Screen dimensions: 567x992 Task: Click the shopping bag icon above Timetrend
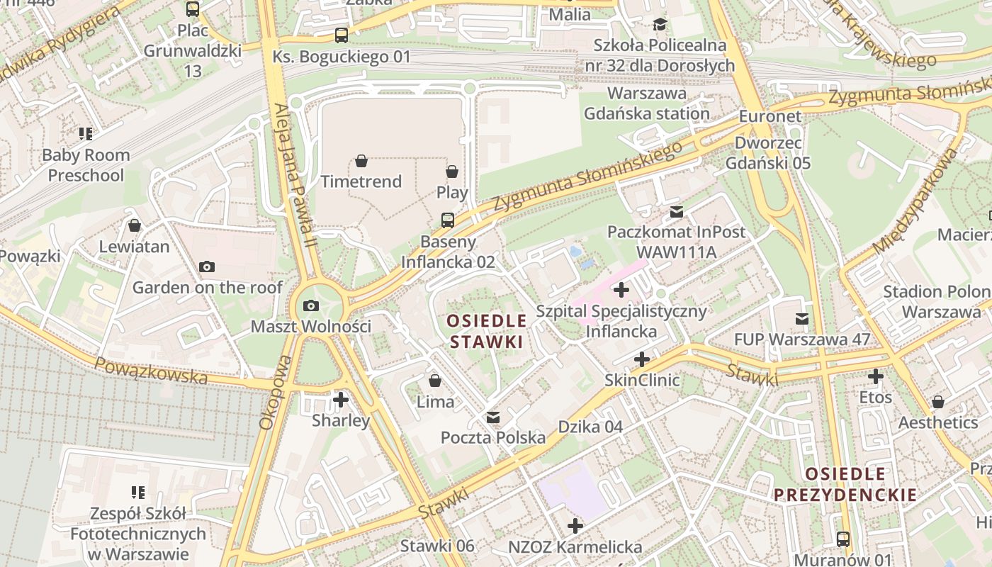click(361, 161)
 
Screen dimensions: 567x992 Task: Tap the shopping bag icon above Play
click(452, 172)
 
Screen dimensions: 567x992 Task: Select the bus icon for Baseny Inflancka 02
click(448, 220)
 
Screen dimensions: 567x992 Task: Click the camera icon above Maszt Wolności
click(310, 306)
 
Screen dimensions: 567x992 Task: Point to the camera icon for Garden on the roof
click(207, 266)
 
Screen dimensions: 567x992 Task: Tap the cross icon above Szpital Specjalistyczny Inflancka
click(621, 290)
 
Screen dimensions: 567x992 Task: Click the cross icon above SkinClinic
click(642, 359)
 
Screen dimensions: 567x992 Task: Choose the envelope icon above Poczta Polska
click(493, 417)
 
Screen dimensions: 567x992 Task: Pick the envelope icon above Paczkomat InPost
click(677, 211)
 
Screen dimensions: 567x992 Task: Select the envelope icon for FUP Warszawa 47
click(802, 319)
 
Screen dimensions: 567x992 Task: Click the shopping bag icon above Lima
click(435, 381)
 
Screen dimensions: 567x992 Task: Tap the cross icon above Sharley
click(341, 400)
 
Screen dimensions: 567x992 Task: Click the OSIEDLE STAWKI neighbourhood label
click(487, 331)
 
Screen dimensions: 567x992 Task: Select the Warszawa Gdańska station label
click(646, 103)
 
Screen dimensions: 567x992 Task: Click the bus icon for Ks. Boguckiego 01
click(342, 35)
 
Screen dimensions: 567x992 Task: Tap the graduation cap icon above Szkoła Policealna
click(660, 25)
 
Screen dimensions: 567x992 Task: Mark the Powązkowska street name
click(151, 371)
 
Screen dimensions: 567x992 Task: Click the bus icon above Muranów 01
click(843, 539)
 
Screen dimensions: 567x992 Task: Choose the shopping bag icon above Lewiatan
click(135, 226)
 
